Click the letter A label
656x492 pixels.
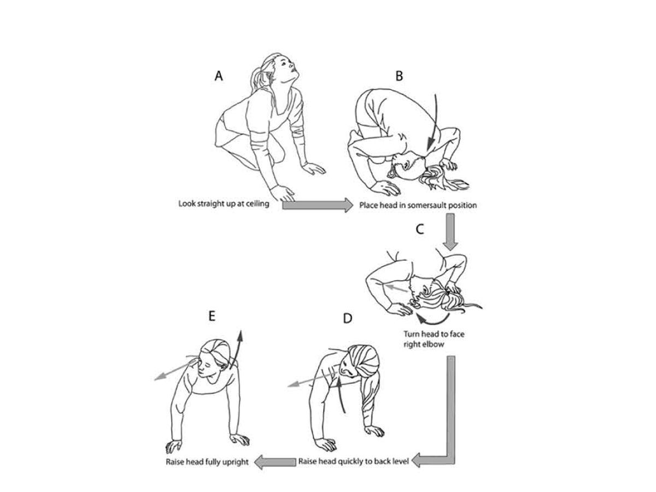219,76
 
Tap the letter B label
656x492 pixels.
399,76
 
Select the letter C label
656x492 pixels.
420,229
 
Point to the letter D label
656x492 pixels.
347,319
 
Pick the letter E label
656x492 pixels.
212,316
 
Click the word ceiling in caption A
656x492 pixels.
257,204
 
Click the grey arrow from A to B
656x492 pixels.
318,205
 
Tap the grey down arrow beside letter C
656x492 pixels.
450,231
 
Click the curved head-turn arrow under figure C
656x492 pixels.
433,321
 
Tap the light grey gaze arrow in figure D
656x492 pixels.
312,379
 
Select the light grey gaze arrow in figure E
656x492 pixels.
175,371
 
